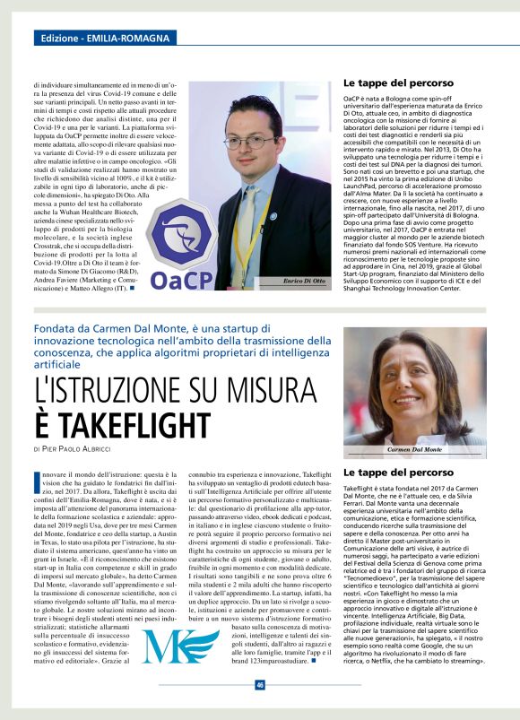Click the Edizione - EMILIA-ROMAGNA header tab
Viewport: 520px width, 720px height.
tap(105, 39)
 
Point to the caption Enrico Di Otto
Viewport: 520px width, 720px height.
tap(305, 282)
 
